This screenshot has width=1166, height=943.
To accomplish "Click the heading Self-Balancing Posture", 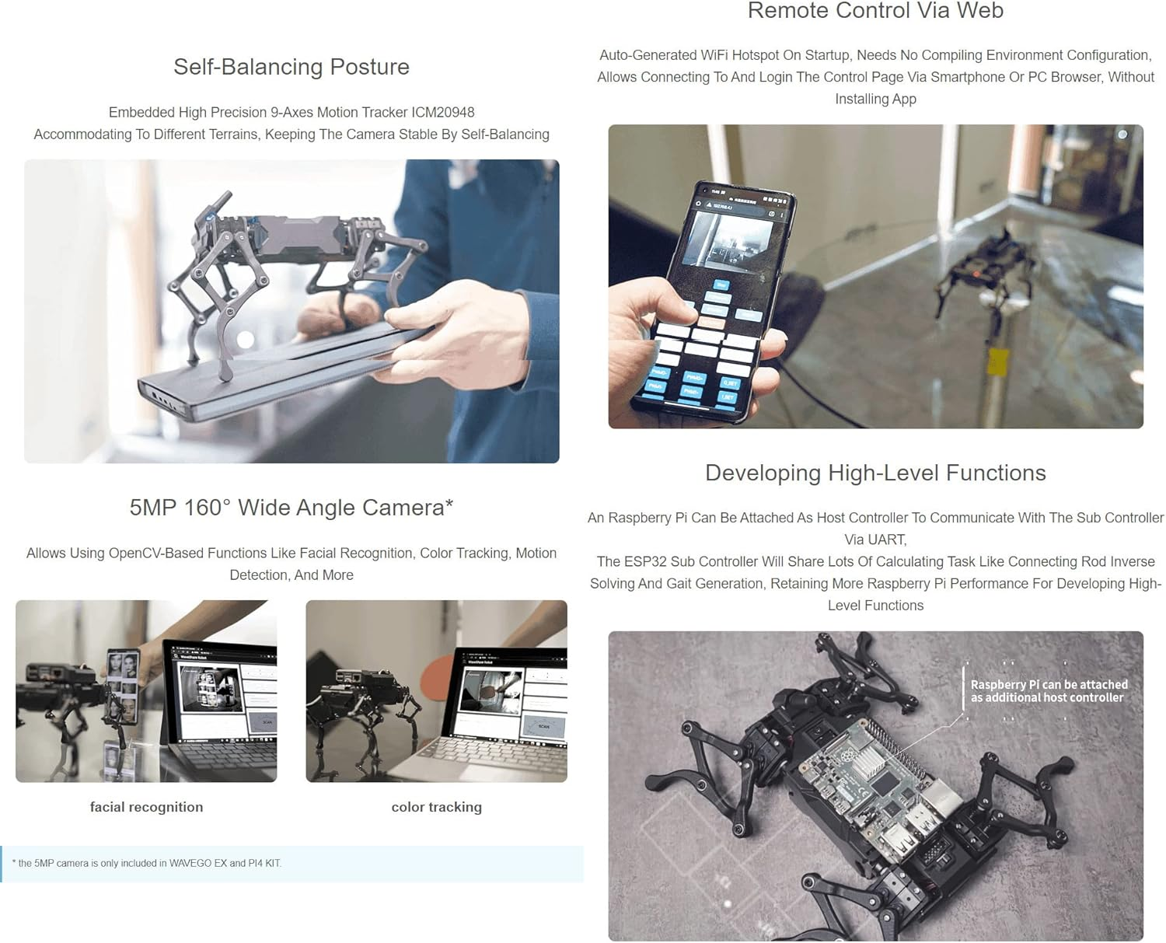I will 291,67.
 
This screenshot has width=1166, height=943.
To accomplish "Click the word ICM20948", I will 445,113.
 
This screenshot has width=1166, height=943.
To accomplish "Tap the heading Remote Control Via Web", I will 875,11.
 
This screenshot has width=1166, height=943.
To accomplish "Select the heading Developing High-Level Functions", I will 875,473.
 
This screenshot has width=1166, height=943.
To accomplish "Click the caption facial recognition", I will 146,807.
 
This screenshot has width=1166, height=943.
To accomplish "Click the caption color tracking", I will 436,807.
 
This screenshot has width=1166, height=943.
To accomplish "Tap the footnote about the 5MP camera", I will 147,863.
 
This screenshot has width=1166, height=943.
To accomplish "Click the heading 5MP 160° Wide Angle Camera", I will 291,508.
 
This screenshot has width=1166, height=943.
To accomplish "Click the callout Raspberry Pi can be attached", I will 1048,691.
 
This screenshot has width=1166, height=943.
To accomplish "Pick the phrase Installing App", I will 875,100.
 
